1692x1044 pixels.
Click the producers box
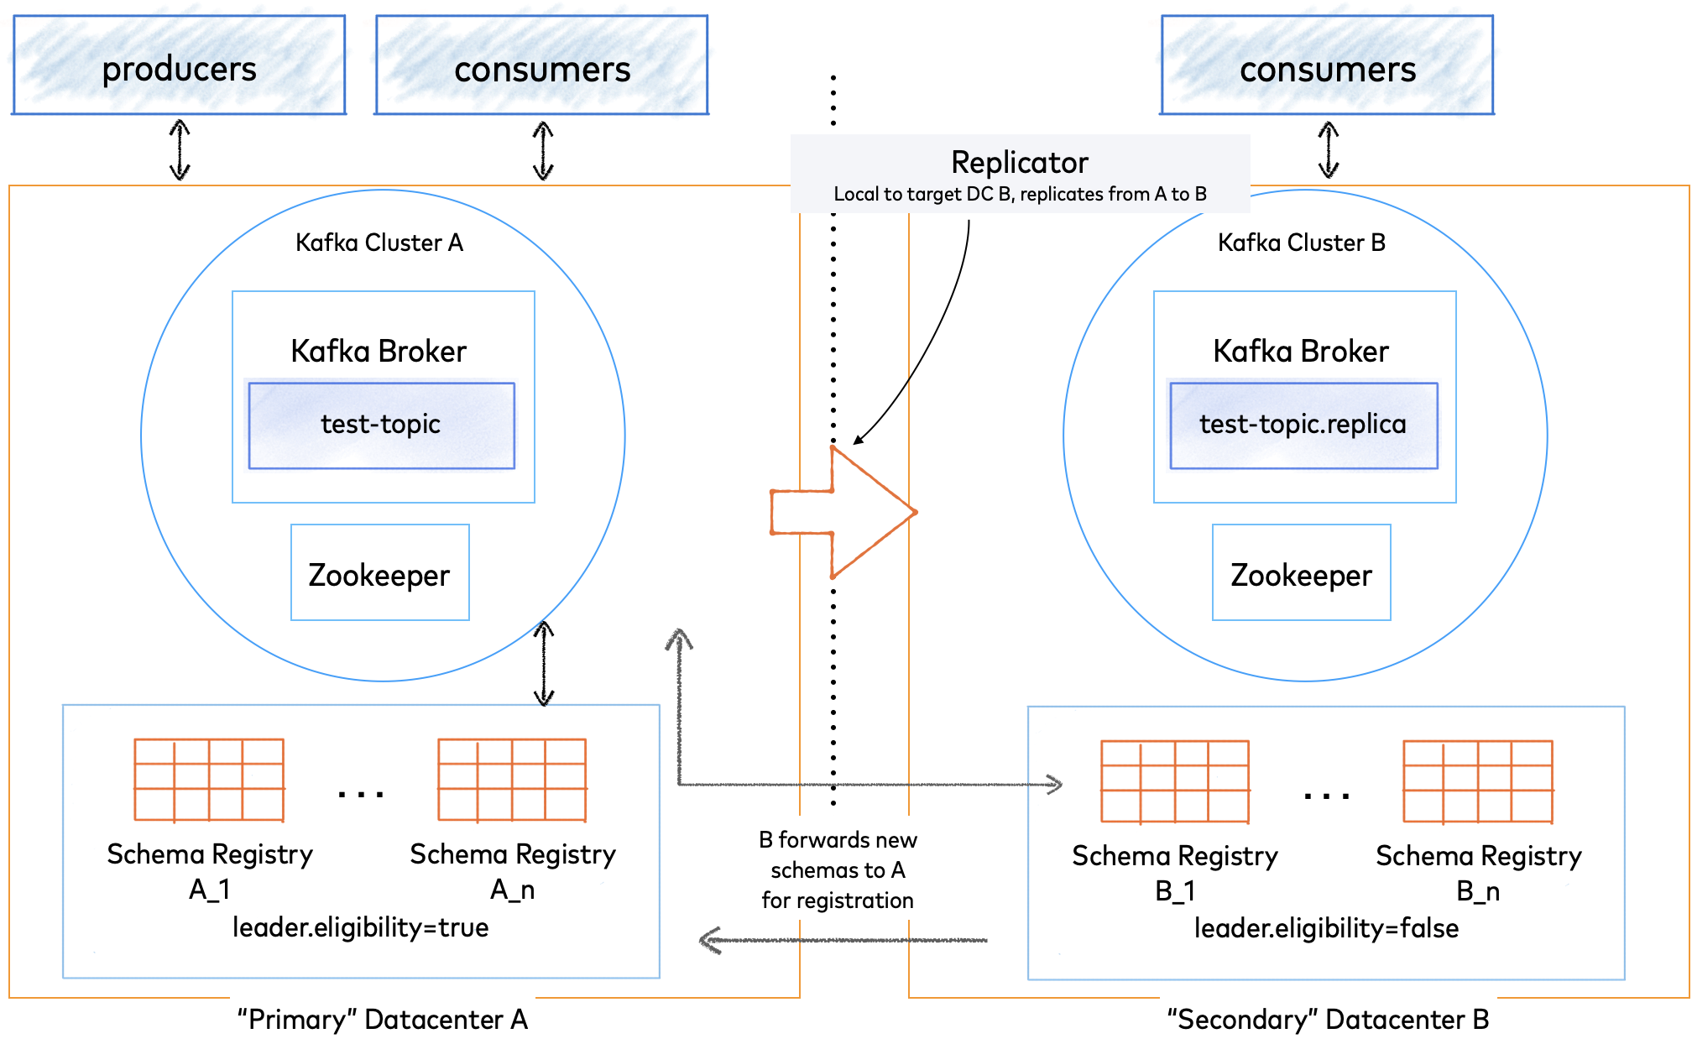(179, 65)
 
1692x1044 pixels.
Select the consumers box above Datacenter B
(1327, 65)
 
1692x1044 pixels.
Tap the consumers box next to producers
(542, 65)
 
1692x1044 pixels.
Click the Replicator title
(1019, 162)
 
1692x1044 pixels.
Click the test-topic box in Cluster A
(381, 425)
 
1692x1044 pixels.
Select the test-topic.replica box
(1303, 425)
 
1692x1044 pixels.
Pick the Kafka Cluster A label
(379, 243)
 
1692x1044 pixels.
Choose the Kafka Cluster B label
(1301, 243)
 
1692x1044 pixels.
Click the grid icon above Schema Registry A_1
(209, 780)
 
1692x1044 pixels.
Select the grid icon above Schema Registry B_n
(1477, 781)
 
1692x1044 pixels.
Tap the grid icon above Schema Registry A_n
(512, 780)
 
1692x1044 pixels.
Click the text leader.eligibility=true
(360, 927)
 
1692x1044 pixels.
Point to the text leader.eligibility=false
(1326, 928)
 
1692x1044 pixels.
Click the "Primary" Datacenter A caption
(382, 1020)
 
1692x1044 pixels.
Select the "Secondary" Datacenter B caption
(1328, 1020)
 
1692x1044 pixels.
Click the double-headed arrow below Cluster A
(544, 663)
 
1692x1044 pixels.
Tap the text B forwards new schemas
(838, 869)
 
